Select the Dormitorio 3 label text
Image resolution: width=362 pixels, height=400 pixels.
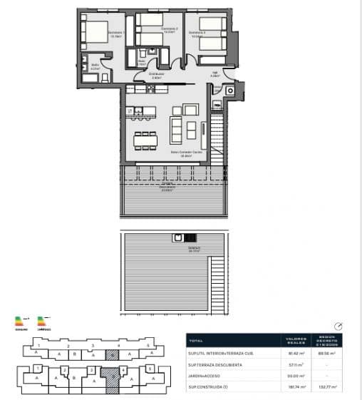[197, 33]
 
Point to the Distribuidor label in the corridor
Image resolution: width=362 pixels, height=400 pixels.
[157, 75]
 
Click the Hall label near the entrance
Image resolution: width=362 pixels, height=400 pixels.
[214, 73]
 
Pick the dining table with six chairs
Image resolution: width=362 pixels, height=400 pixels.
[145, 140]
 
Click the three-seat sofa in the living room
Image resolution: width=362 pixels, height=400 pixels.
[175, 130]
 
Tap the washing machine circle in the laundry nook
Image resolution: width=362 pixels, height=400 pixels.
[229, 91]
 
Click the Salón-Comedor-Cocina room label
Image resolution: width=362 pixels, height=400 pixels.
[185, 154]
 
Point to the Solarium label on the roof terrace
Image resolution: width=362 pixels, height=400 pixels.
[173, 250]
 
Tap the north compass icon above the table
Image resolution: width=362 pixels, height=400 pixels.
[338, 326]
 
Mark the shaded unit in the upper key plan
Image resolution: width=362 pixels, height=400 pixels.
[111, 354]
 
